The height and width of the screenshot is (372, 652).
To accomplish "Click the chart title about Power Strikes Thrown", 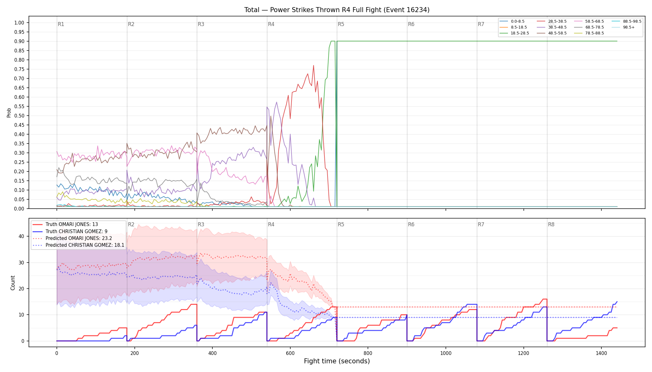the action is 337,10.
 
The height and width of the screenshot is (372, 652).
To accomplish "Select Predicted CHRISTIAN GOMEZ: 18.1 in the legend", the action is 79,245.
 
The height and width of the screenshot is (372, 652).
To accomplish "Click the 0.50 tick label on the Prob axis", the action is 19,116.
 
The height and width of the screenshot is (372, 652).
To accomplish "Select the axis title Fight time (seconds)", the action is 337,361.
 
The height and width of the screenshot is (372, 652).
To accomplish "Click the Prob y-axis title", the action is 9,113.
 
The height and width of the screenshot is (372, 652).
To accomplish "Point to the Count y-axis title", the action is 13,283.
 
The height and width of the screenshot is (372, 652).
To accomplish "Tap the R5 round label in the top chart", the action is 341,24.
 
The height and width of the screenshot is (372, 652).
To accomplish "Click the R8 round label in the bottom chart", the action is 551,224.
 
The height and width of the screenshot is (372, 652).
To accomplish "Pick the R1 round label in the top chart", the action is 61,24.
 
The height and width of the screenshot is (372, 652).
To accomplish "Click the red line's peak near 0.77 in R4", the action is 314,65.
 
